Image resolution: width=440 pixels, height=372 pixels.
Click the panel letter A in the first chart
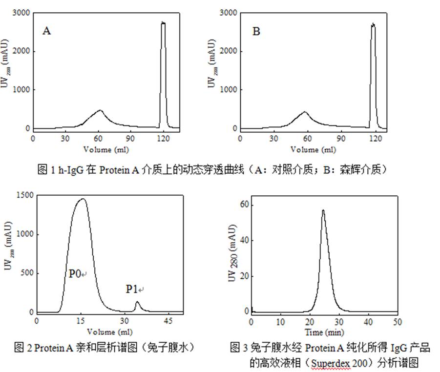pos(47,31)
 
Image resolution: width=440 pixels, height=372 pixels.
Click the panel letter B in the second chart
pos(256,31)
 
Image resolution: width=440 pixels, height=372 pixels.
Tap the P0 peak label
pos(74,274)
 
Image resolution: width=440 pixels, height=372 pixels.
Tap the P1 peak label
pos(132,289)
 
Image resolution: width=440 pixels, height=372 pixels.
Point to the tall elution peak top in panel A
pos(163,23)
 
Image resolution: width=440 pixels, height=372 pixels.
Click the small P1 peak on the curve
pos(137,303)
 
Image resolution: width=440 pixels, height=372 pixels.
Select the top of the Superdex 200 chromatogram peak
pos(323,210)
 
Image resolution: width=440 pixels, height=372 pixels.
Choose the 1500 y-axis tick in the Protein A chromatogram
pos(24,195)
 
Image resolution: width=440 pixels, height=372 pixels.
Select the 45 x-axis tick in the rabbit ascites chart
pos(168,321)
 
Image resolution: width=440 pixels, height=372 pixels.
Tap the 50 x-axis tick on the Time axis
pos(397,322)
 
